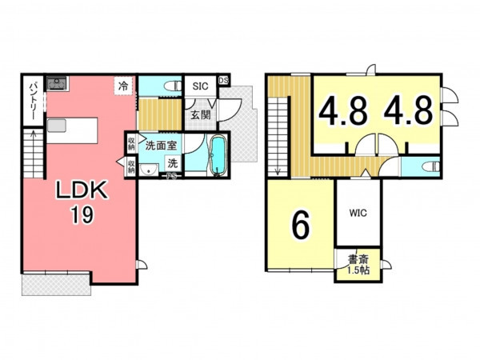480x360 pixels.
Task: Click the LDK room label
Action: (82, 190)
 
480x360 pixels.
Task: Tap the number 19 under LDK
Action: (82, 214)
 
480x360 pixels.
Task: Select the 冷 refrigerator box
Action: (124, 86)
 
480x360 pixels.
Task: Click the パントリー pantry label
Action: (33, 101)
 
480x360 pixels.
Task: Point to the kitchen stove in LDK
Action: (57, 83)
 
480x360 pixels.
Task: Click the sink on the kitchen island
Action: (57, 126)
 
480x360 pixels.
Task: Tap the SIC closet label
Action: (200, 86)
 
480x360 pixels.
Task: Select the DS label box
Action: (223, 81)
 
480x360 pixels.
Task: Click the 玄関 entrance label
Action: (201, 115)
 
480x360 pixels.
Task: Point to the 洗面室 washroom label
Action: (161, 146)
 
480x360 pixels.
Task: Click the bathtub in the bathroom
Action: (218, 155)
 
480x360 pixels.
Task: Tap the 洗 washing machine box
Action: (173, 163)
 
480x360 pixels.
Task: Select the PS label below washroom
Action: (171, 176)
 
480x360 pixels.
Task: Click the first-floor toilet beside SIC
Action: (172, 86)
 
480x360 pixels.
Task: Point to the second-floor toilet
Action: (430, 167)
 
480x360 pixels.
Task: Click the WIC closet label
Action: (358, 213)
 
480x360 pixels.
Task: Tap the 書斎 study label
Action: (358, 260)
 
